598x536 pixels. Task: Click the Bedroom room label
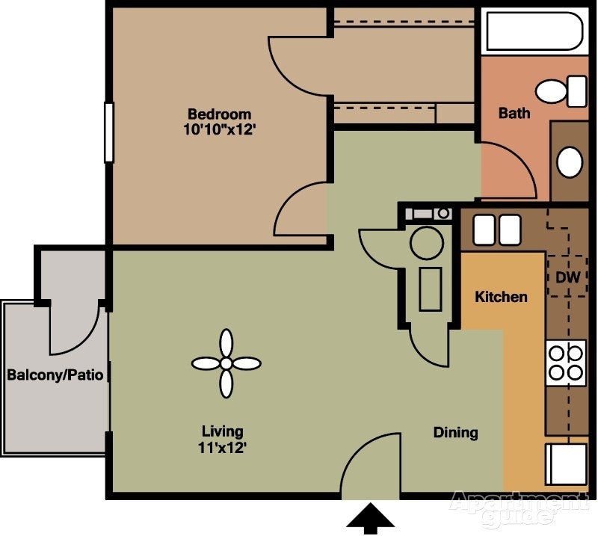[x=219, y=114]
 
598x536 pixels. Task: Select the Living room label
[x=222, y=431]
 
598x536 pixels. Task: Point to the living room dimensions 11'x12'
[x=222, y=448]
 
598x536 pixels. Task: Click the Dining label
[x=455, y=432]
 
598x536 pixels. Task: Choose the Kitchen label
[x=501, y=297]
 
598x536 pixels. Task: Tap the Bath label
[x=514, y=113]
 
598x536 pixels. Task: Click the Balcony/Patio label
[x=55, y=374]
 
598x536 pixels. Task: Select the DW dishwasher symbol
[x=568, y=277]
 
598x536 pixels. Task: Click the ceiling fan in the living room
[x=225, y=364]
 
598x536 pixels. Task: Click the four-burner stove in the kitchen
[x=566, y=362]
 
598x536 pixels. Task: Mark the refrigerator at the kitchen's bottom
[x=567, y=464]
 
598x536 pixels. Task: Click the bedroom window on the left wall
[x=109, y=132]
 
